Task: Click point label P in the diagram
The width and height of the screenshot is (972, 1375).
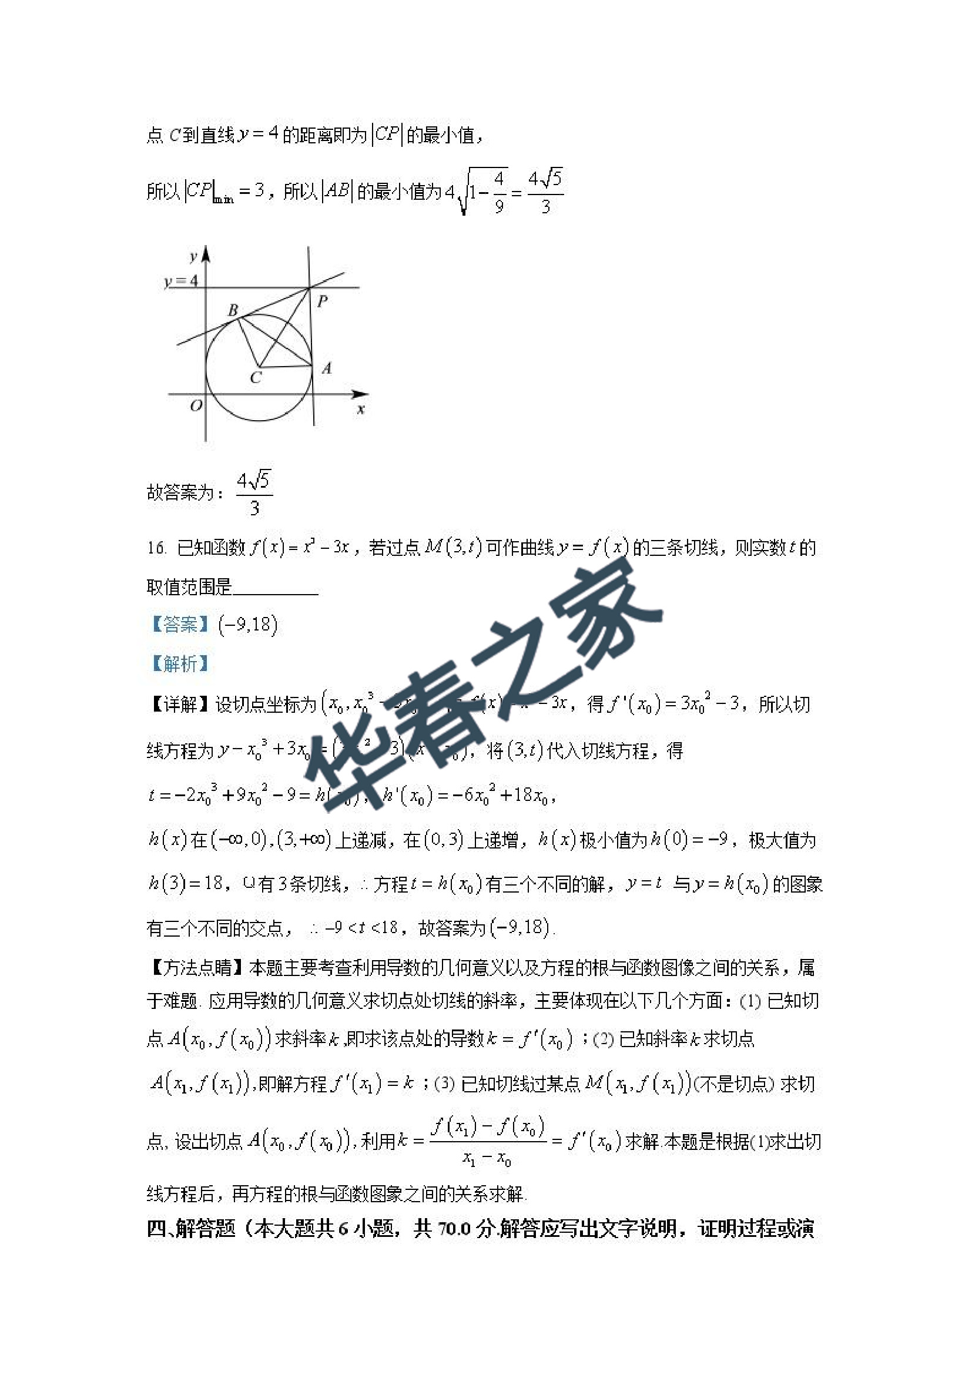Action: tap(322, 301)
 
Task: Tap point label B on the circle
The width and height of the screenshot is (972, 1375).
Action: tap(233, 310)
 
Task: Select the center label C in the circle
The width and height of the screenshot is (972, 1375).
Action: tap(256, 377)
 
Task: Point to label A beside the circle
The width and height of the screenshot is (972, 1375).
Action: tap(326, 368)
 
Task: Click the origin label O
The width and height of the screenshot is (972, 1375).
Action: tap(196, 406)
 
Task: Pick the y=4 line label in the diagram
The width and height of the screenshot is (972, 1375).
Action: tap(180, 280)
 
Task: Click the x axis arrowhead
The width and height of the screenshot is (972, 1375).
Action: tap(360, 394)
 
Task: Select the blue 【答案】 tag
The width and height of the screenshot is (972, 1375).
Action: tap(180, 625)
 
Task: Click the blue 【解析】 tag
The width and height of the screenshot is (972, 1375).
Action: tap(180, 663)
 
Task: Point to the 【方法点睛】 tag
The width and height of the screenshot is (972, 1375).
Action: tap(196, 967)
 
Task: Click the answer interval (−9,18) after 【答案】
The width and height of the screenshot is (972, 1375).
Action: tap(248, 625)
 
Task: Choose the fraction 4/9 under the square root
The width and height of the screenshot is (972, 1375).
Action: tap(498, 192)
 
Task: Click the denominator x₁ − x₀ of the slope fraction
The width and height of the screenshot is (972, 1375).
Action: tap(487, 1159)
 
